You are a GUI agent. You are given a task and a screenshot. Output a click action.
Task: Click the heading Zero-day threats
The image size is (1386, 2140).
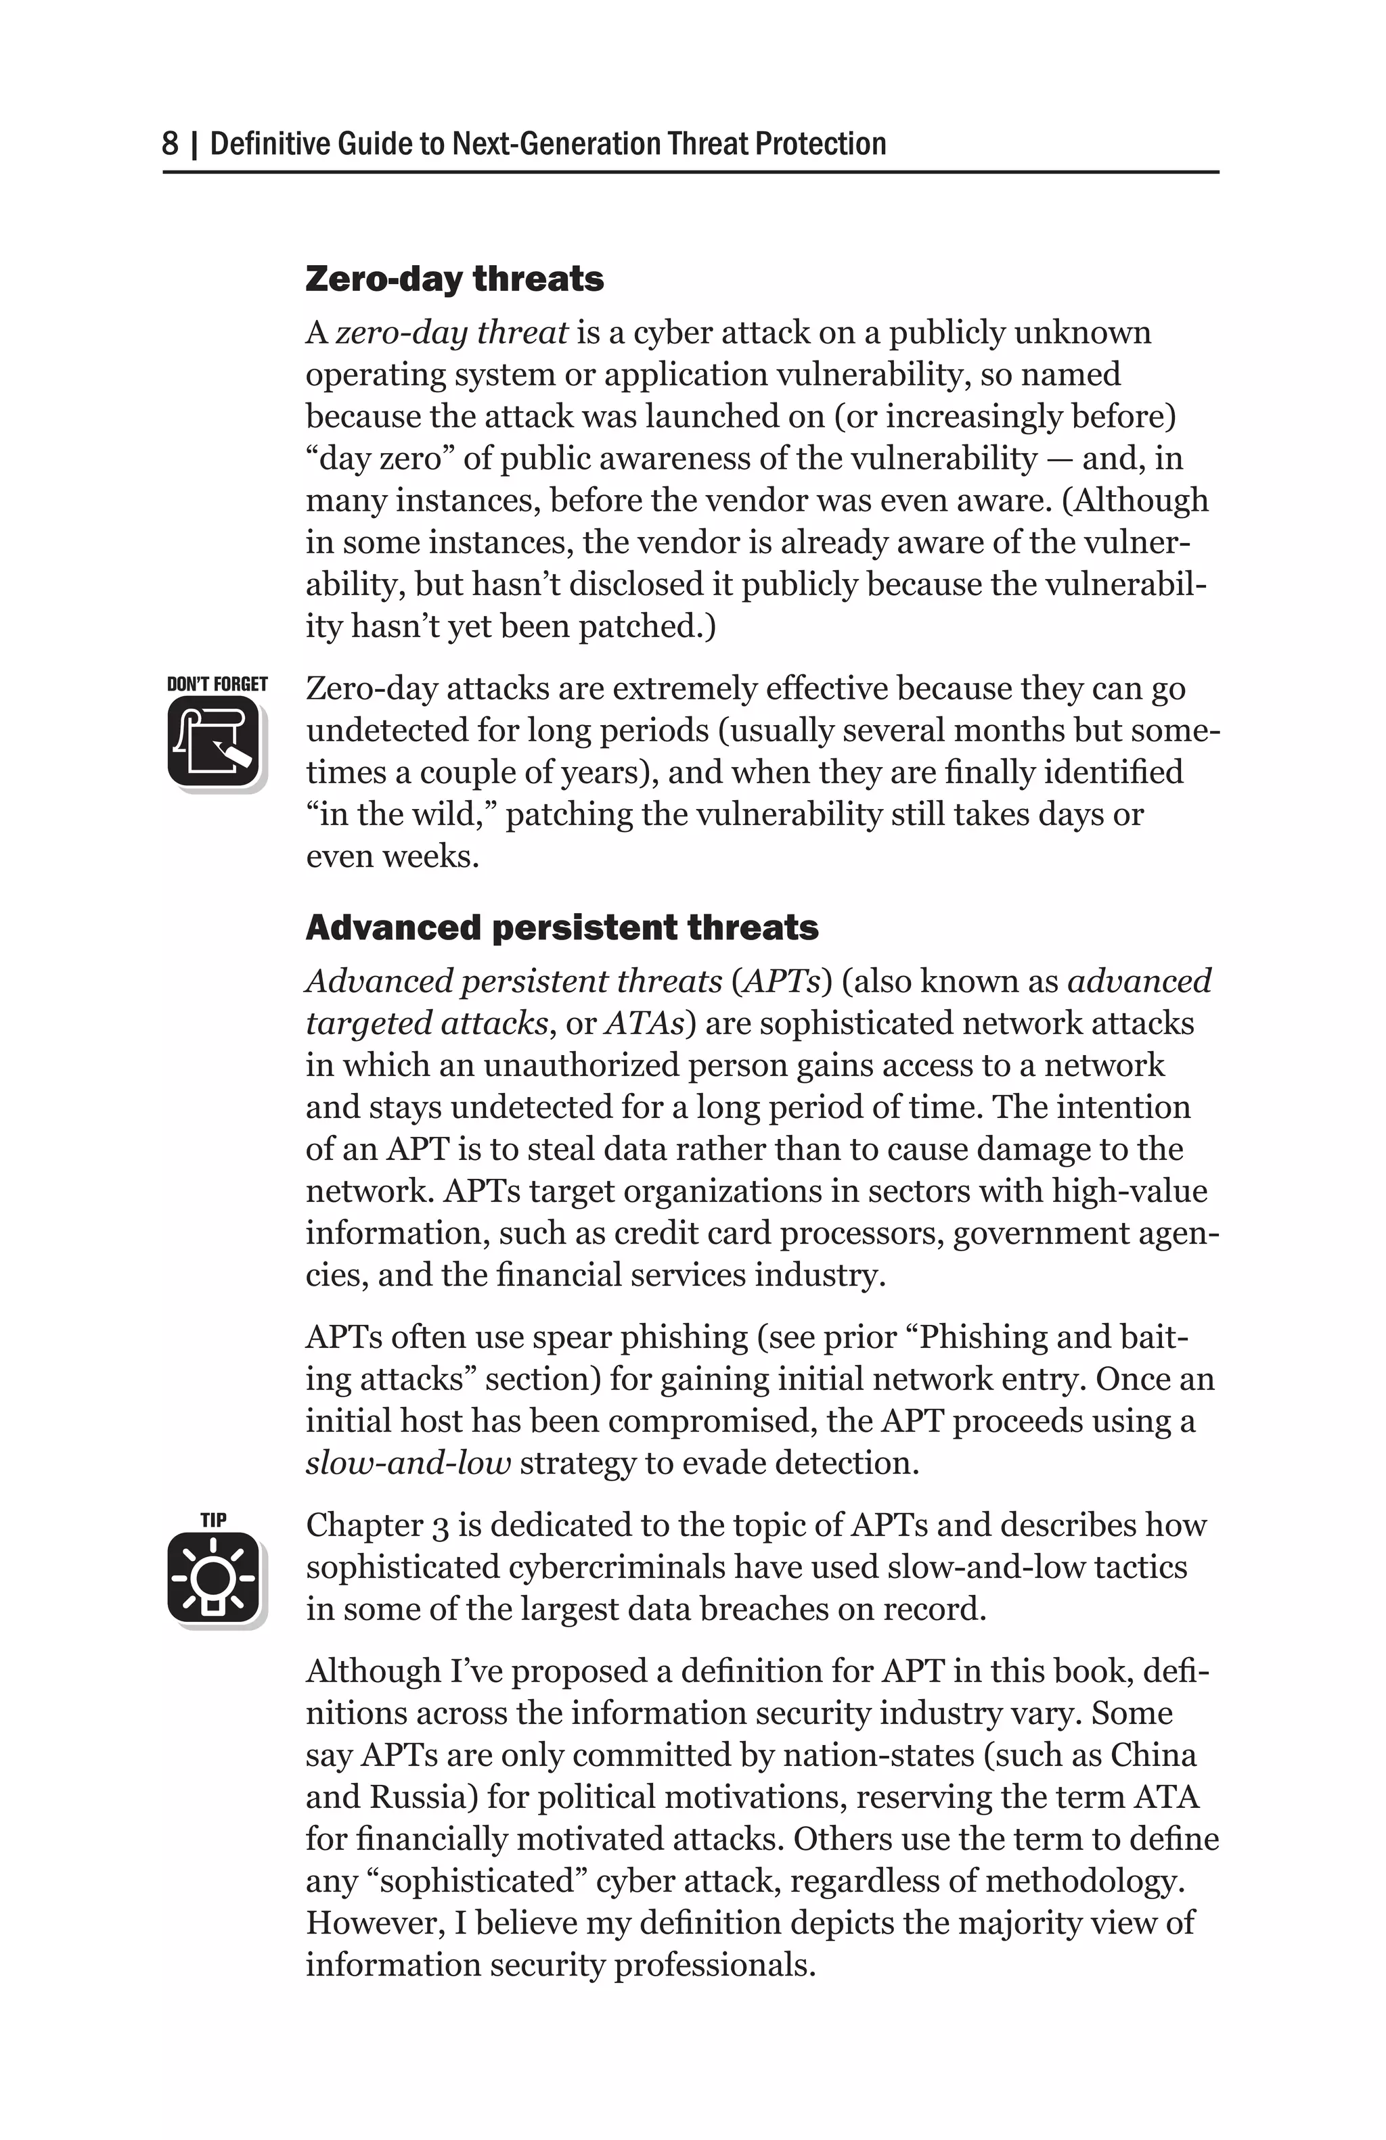point(454,279)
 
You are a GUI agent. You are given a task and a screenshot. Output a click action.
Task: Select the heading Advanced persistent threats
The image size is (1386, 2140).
point(561,927)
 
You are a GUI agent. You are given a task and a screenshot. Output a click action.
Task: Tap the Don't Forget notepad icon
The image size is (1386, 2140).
point(214,743)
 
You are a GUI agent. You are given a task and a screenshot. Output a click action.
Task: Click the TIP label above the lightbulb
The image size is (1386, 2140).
point(213,1520)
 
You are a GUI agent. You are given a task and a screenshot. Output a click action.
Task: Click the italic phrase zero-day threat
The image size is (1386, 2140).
point(451,333)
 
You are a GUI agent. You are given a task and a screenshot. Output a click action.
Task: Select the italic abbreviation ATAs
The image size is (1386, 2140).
point(644,1023)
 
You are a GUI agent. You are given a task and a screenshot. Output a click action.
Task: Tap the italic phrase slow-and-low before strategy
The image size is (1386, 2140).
point(408,1463)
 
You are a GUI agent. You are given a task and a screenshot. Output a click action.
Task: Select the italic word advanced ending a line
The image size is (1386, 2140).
point(1139,981)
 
